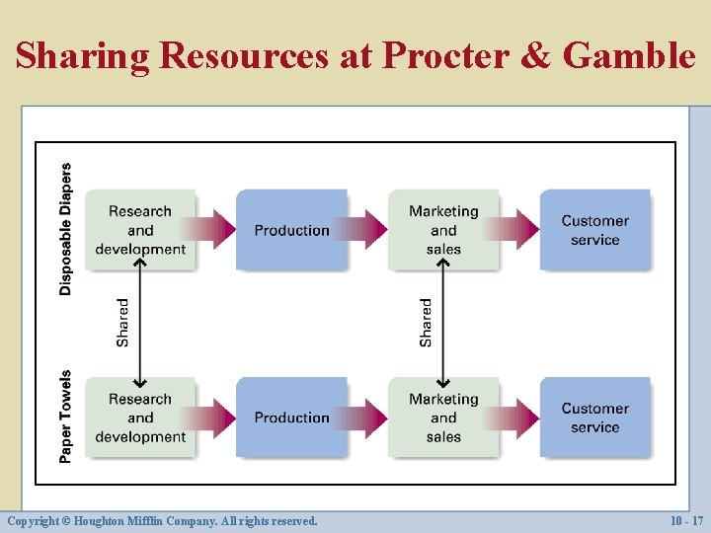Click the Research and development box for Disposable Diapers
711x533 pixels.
(x=139, y=230)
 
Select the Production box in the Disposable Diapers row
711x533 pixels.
(x=291, y=230)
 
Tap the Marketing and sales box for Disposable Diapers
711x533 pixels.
(x=443, y=230)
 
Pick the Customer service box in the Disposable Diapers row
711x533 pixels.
(x=594, y=230)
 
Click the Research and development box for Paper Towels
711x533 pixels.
(x=139, y=418)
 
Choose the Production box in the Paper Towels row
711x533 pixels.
(x=291, y=418)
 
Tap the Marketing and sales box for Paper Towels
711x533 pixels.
(x=443, y=418)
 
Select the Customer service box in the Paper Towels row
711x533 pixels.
(x=594, y=418)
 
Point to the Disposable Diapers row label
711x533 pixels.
(x=66, y=229)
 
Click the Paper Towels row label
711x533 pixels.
(x=66, y=417)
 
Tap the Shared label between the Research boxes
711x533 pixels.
(x=122, y=323)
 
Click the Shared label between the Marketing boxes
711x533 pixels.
(x=426, y=323)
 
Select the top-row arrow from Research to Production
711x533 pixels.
(x=213, y=230)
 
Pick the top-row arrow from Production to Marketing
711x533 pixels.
(x=366, y=230)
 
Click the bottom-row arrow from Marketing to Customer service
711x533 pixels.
(x=517, y=418)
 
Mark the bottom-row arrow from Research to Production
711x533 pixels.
(x=213, y=418)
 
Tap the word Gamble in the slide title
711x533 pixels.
(x=629, y=56)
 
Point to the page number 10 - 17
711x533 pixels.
(x=684, y=520)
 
